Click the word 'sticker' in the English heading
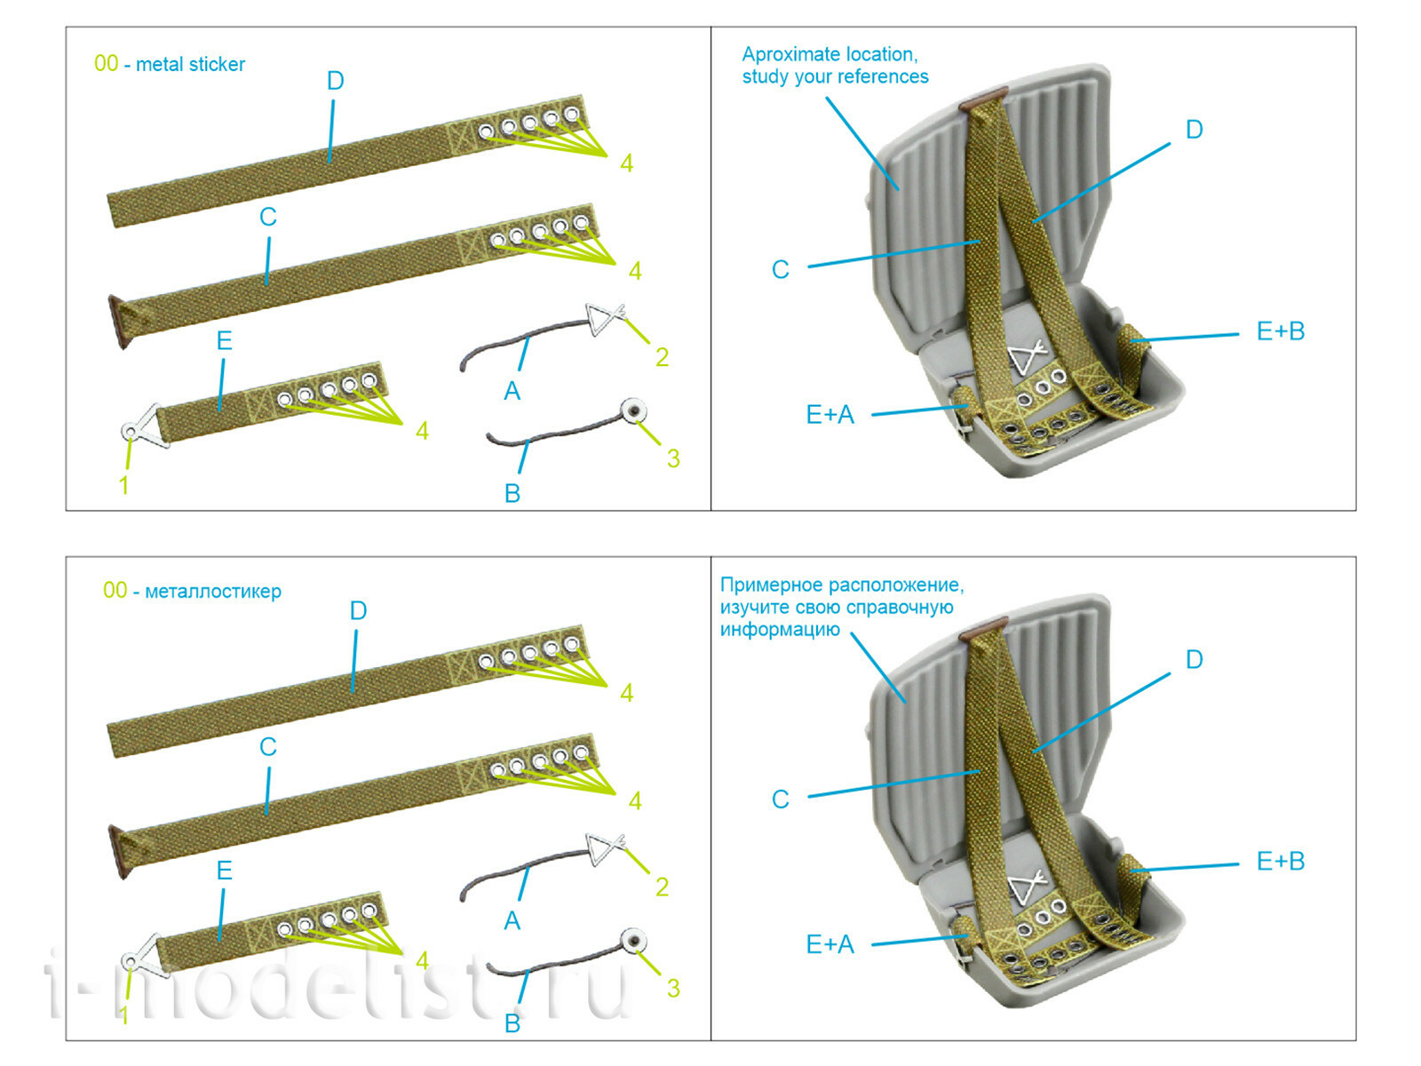coord(218,64)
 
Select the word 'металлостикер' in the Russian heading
coord(213,592)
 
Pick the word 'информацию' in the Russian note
coord(780,630)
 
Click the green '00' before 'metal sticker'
coord(106,63)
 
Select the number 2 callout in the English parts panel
coord(662,357)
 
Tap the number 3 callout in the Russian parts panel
coord(673,988)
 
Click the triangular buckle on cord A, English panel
coord(604,318)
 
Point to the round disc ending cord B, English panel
coord(633,411)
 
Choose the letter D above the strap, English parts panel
coord(335,81)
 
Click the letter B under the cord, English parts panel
coord(512,494)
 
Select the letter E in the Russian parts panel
coord(224,871)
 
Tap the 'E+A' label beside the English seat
coord(830,414)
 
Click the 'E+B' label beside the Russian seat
coord(1280,861)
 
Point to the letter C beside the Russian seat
coord(780,799)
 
